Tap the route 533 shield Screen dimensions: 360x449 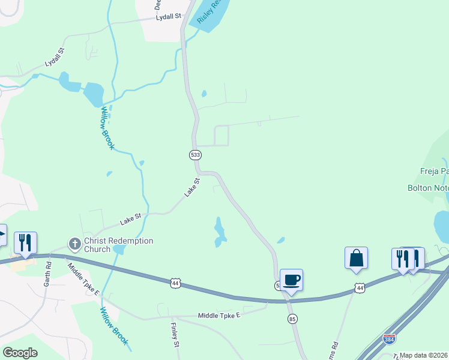click(195, 155)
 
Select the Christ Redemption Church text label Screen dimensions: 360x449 click(118, 245)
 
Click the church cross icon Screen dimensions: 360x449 click(75, 244)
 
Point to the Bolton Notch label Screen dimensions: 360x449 click(428, 188)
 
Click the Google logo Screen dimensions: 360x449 click(20, 353)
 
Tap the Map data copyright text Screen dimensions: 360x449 click(424, 355)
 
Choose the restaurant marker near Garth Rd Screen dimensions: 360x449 click(25, 242)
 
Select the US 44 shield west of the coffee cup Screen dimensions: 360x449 click(175, 282)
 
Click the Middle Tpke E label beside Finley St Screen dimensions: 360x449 click(219, 315)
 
